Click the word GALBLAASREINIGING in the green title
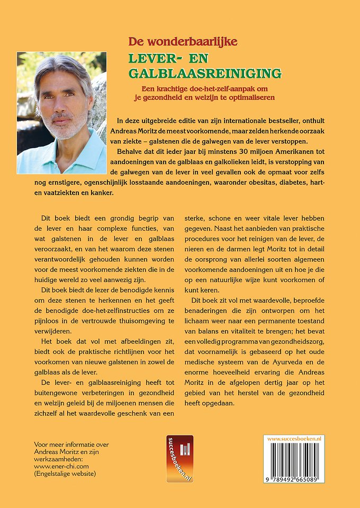(x=205, y=72)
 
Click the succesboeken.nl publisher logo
(x=180, y=459)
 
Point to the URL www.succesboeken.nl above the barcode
(x=295, y=439)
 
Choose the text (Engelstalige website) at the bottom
(x=65, y=475)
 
